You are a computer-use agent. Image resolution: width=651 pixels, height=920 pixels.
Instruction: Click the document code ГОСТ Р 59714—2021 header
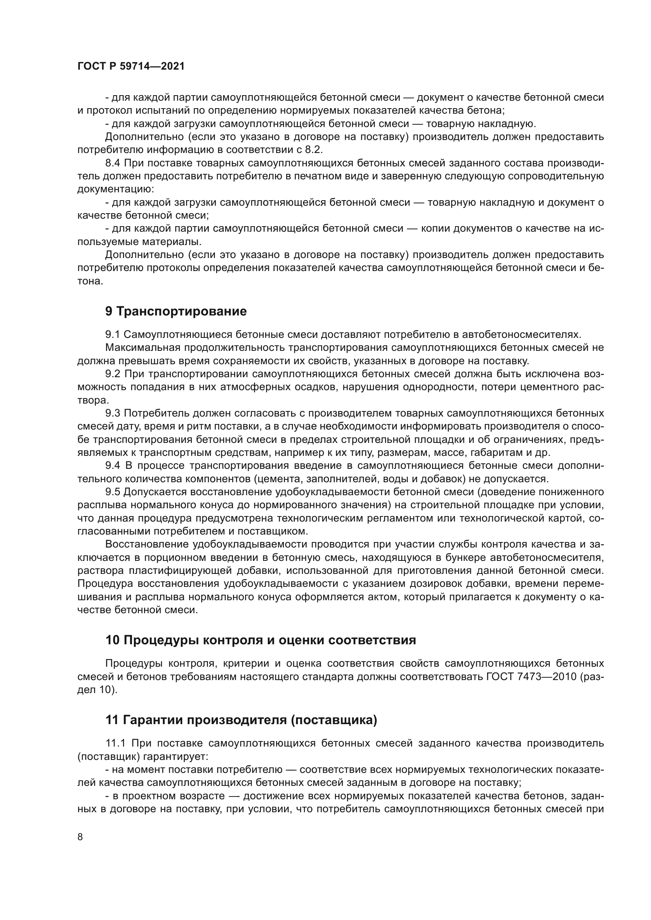coord(131,66)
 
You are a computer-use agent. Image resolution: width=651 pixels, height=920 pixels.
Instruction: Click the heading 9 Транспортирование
coord(176,312)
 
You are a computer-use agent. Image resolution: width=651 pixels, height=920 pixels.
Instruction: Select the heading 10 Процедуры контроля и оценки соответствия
coord(261,640)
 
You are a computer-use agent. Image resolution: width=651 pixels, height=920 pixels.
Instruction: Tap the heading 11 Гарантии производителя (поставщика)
coord(241,731)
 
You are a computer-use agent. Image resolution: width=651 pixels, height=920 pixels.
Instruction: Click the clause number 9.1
coord(113,335)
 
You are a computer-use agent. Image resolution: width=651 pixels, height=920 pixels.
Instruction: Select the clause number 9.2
coord(113,374)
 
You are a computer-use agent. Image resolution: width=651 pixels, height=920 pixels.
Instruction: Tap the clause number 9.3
coord(113,413)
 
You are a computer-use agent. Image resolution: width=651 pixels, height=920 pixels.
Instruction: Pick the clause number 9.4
coord(113,466)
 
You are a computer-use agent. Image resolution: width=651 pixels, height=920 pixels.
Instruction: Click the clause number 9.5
coord(113,492)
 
